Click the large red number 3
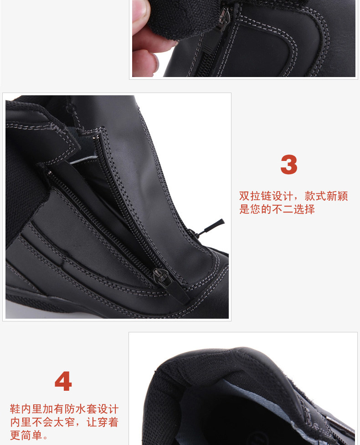click(289, 165)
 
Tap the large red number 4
click(63, 382)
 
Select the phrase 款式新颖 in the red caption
click(326, 196)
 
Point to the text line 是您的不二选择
click(277, 210)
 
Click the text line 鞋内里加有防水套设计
click(64, 409)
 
